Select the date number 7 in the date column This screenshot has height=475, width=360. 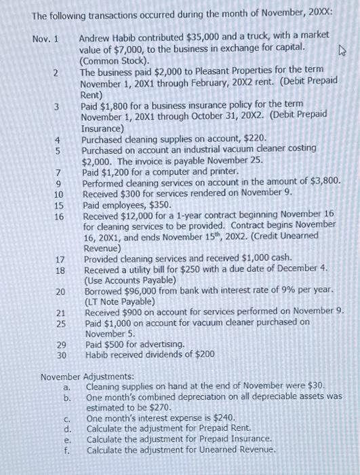tap(59, 172)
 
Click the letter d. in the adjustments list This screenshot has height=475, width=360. tap(67, 430)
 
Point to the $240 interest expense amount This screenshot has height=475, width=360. tap(223, 419)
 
